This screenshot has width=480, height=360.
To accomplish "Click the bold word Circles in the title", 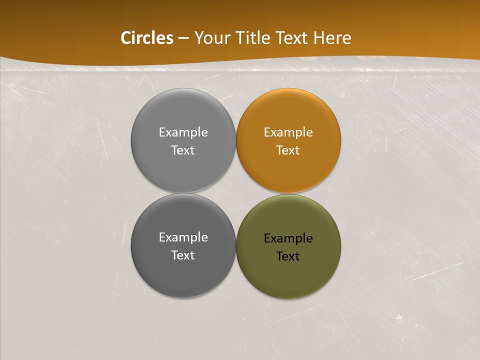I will coord(147,38).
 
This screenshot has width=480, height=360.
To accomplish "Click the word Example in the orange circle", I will coord(288,132).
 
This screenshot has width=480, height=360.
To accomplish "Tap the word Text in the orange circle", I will coord(288,150).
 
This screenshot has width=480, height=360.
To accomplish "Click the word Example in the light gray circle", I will coord(183,132).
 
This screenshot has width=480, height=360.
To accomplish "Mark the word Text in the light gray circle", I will coord(183,150).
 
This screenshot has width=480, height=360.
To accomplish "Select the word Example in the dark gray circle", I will coord(183,237).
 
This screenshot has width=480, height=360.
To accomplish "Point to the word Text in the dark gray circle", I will coord(183,255).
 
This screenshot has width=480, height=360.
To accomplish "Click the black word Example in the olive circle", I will coord(288,238).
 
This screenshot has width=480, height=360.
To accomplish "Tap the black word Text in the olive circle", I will coord(288,256).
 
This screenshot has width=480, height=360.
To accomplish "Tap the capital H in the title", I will coord(318,38).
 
